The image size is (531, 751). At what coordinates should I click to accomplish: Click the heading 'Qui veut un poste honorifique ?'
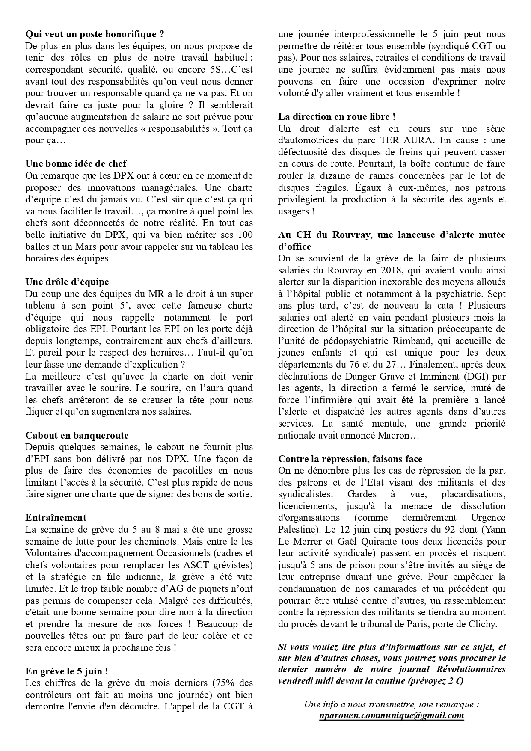tap(95, 34)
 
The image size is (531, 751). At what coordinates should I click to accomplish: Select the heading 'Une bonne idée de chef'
tap(76, 164)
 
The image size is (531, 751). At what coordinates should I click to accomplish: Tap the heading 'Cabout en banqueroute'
tap(77, 436)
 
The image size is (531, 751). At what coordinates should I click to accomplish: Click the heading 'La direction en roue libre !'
tap(337, 117)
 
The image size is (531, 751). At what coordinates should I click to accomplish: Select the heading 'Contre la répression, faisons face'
tap(350, 459)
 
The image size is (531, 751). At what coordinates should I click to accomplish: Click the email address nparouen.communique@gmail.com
tap(391, 715)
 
